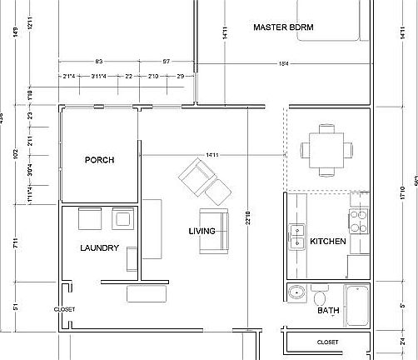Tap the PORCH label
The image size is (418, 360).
tap(99, 160)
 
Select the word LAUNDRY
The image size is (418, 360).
tap(99, 247)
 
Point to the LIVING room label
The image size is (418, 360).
tap(202, 231)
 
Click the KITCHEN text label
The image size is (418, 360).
tap(327, 242)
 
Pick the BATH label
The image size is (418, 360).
tap(328, 311)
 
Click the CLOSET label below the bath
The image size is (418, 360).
tap(328, 342)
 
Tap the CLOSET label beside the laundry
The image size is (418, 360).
tap(64, 309)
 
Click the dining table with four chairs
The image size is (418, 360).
tap(321, 149)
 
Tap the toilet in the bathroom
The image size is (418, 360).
tap(320, 297)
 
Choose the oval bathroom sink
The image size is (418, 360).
tap(296, 293)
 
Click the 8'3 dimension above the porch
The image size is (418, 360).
tap(98, 62)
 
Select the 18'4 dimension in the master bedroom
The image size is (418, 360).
tap(283, 62)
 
